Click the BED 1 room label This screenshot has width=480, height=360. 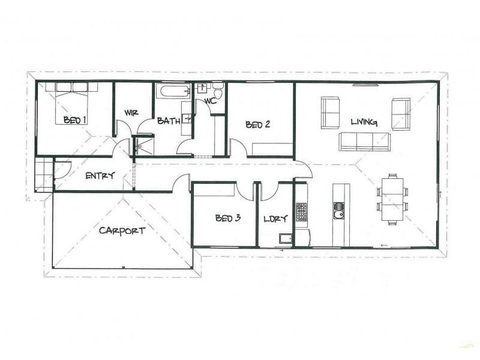click(75, 121)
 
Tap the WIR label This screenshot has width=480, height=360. click(132, 113)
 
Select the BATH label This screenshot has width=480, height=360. click(169, 121)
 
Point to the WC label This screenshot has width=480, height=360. click(210, 101)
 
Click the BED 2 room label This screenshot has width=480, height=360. click(258, 125)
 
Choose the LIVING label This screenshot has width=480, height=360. click(364, 122)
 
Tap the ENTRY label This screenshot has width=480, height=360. click(100, 176)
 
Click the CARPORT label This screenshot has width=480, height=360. click(122, 230)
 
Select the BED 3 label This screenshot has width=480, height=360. click(228, 218)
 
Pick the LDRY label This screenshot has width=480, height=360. click(275, 219)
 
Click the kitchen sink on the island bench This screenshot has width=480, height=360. click(339, 209)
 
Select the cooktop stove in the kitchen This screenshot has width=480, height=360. click(301, 211)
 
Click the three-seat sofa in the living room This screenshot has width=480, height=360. click(364, 142)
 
